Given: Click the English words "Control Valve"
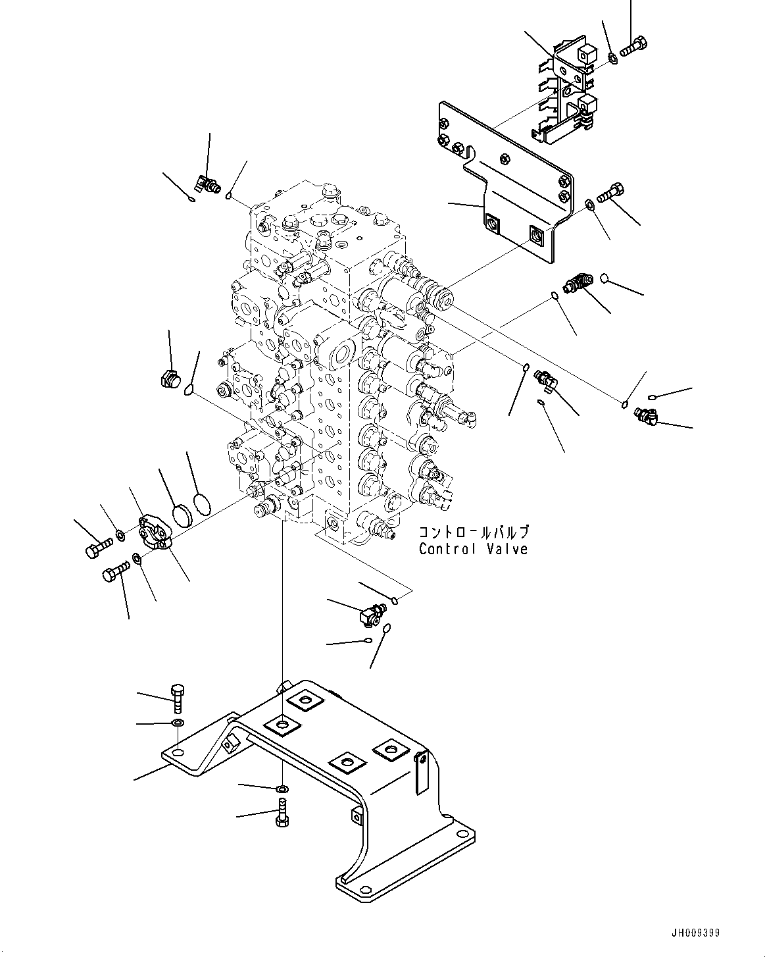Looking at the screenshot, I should click(473, 549).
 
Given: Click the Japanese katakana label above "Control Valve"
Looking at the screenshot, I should click(474, 532).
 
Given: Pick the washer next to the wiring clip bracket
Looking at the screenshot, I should click(613, 59).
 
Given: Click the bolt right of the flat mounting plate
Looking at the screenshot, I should click(610, 193).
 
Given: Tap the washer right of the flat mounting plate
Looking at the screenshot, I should click(590, 205).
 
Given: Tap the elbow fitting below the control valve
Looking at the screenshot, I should click(372, 613).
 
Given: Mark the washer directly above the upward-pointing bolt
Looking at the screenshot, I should click(282, 788).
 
